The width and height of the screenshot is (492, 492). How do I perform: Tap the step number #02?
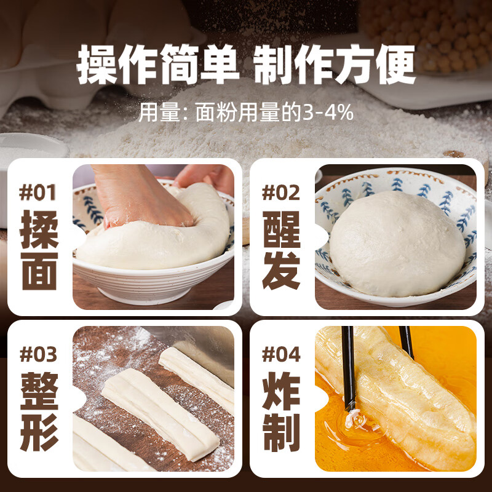281,192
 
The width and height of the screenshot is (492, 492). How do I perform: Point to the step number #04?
281,355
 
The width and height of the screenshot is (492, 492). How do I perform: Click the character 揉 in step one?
40,228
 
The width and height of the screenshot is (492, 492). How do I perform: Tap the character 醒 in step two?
282,228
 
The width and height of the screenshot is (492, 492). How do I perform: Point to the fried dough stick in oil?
400,394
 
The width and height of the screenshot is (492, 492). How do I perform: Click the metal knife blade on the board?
197,344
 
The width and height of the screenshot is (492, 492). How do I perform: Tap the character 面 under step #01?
40,271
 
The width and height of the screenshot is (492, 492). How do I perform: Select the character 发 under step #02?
282,271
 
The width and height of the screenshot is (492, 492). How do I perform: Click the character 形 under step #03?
40,432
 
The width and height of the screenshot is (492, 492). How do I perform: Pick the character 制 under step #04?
282,432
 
